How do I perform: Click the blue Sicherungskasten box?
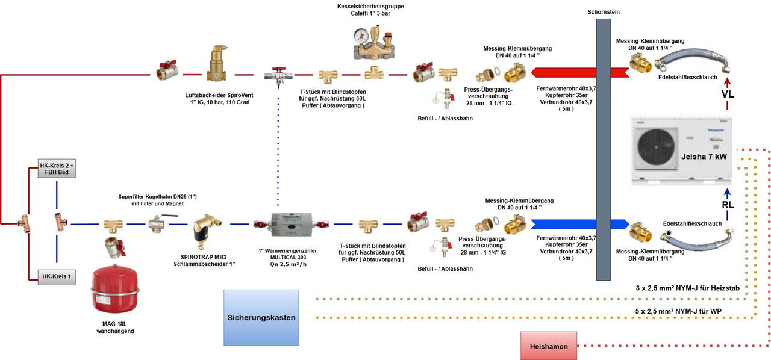261,317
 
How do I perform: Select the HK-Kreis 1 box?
57,276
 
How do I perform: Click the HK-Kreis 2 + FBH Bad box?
57,169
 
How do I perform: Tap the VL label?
728,94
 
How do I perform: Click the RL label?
728,205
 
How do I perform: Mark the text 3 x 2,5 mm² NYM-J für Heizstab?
687,288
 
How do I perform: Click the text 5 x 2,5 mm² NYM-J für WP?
679,311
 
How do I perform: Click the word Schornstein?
604,12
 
